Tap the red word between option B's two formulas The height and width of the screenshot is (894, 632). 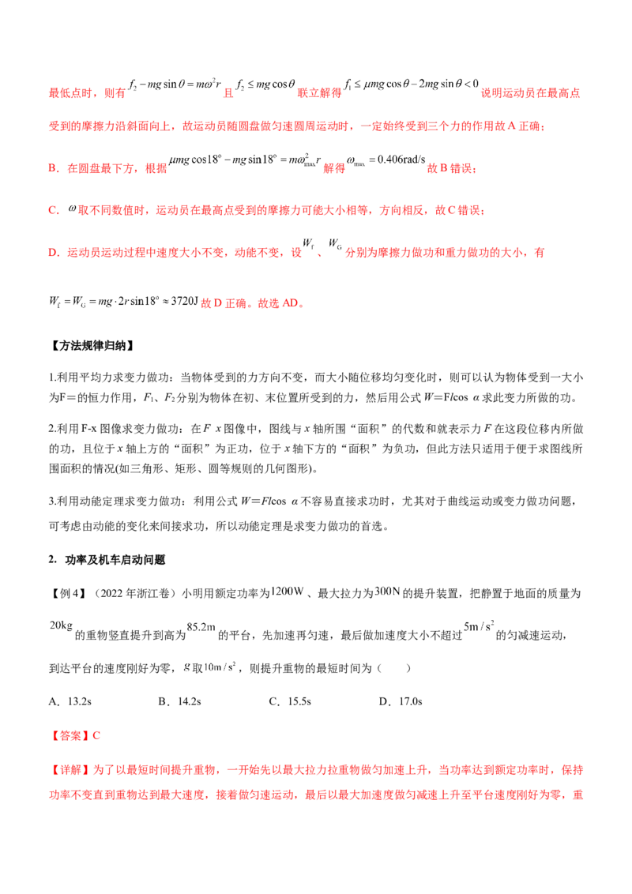tap(335, 169)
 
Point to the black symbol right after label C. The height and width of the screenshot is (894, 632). tap(70, 211)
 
